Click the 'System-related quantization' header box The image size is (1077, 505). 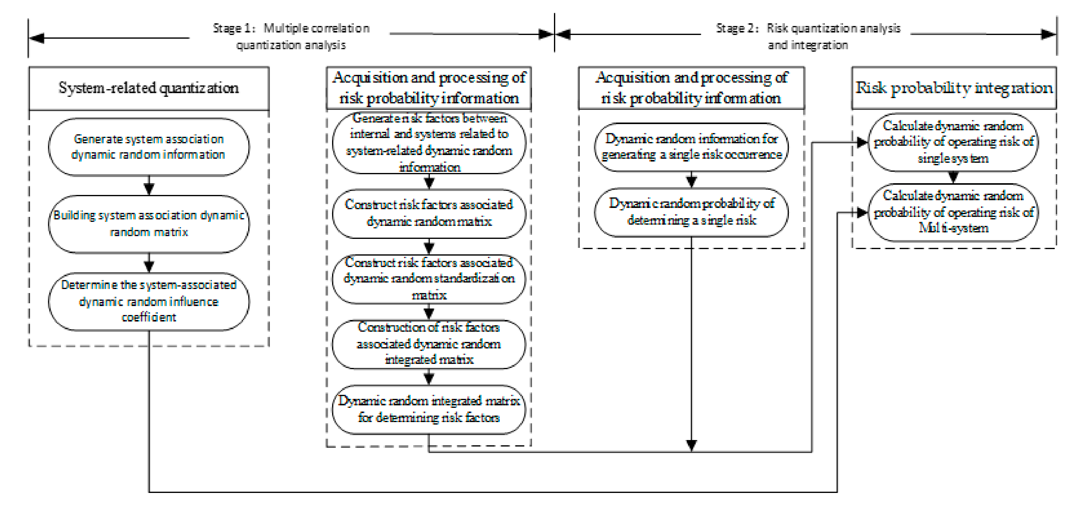click(x=149, y=88)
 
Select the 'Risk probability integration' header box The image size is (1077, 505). click(x=954, y=88)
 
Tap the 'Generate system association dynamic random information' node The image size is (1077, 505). click(x=149, y=147)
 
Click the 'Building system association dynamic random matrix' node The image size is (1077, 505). click(x=149, y=224)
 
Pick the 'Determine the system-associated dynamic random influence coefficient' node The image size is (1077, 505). click(x=149, y=301)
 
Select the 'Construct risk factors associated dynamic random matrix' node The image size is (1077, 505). click(x=429, y=213)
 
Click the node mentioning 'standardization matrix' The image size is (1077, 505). click(x=429, y=279)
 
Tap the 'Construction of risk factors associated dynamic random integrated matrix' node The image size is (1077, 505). click(x=429, y=344)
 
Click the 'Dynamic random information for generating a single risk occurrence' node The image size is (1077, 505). click(x=691, y=147)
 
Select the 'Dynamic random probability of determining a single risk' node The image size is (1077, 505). click(x=691, y=212)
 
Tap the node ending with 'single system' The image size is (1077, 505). click(x=953, y=142)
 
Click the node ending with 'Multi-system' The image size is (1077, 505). click(x=953, y=212)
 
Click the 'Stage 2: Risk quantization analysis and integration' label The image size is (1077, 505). click(x=808, y=37)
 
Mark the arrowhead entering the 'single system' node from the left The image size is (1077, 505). click(x=862, y=143)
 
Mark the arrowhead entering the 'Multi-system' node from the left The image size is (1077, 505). click(x=862, y=213)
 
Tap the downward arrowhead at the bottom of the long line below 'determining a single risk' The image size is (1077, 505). click(x=691, y=445)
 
